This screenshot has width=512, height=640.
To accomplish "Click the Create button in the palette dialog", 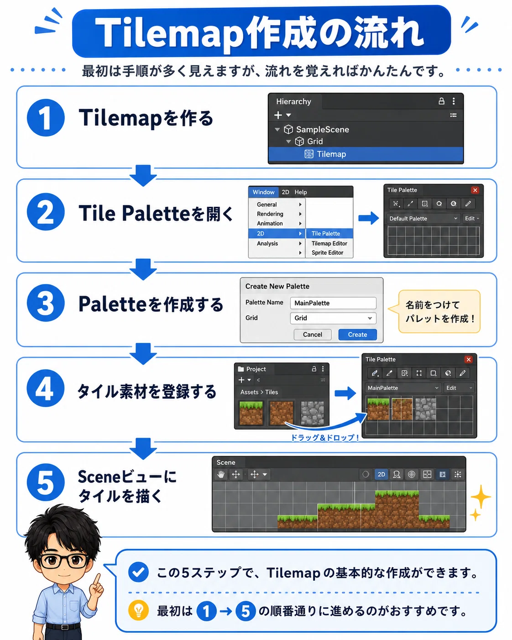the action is coord(357,334).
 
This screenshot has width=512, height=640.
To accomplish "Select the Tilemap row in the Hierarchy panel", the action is coord(366,154).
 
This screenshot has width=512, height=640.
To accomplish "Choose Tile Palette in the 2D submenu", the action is coord(329,233).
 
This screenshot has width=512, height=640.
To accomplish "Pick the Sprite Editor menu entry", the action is coord(327,252).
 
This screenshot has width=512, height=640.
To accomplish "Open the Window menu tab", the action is coord(263,192).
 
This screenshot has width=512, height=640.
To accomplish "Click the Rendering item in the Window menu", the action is coord(270,214).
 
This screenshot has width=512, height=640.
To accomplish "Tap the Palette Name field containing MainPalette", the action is coord(333,303).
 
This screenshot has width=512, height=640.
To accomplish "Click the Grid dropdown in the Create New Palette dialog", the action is coord(333,318).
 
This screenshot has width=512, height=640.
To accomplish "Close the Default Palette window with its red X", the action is coord(475,190).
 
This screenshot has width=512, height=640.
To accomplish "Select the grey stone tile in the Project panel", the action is coord(312,413).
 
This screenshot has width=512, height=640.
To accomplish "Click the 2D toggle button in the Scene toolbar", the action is coord(381,474).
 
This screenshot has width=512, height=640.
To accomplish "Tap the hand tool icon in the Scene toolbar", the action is coord(221,474).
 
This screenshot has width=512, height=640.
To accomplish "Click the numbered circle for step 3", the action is coord(46,303).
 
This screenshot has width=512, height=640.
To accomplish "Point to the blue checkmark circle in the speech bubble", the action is coord(138,572).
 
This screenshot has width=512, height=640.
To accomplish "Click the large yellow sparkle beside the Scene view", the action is coord(481,497).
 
